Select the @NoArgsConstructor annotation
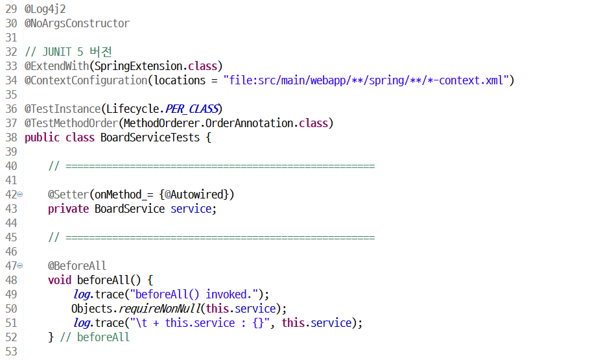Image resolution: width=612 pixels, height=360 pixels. click(x=77, y=24)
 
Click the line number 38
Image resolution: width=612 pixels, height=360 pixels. click(x=10, y=138)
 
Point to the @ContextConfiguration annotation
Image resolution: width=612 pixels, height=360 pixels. click(x=86, y=80)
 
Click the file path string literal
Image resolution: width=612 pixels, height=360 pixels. click(x=368, y=80)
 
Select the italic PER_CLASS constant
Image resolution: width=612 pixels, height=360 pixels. click(x=192, y=109)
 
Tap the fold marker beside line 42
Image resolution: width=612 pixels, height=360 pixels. click(x=20, y=195)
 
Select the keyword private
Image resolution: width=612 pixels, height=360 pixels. click(x=69, y=209)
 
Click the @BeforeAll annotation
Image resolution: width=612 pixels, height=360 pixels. click(x=77, y=266)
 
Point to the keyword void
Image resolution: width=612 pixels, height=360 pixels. click(x=60, y=280)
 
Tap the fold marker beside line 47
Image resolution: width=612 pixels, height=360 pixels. click(x=20, y=266)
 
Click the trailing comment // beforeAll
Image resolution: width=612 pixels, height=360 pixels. click(x=95, y=337)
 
